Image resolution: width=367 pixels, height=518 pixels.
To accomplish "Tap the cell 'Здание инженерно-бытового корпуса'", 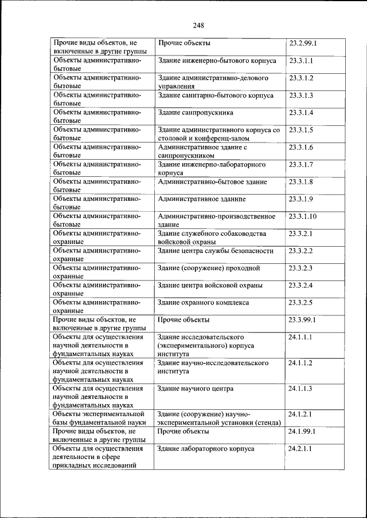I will tap(217, 60).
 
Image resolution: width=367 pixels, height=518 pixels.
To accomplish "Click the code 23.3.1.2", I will tap(301, 77).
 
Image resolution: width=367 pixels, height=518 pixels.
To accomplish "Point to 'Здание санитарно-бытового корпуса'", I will tap(215, 95).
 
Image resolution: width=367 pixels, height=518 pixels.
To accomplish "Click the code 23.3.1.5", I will tap(301, 130).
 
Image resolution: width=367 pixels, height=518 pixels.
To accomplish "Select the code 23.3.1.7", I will tap(301, 165).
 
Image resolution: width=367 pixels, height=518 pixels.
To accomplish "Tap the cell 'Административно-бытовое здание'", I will tap(212, 182).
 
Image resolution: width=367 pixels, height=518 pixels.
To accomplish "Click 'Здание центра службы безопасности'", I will tap(215, 251).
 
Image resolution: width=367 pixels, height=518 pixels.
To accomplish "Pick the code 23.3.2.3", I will tap(301, 268).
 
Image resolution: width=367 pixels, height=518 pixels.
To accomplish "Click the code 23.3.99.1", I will tap(303, 319).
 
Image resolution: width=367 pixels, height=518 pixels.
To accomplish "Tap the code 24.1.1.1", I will tap(300, 337).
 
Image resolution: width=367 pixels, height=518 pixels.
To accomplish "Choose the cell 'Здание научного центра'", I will tap(195, 389).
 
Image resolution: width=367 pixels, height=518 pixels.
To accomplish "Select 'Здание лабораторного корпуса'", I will tap(205, 449).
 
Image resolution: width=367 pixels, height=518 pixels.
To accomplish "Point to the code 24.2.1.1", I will tap(300, 449).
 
